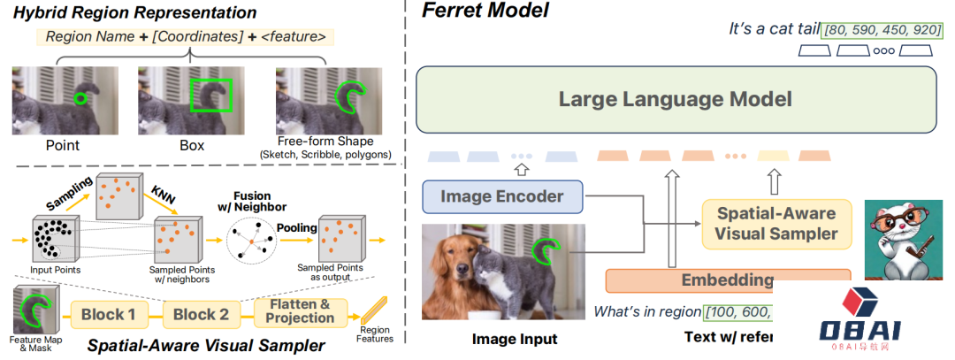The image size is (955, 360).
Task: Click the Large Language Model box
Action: pyautogui.click(x=674, y=99)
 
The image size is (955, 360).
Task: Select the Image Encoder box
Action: pyautogui.click(x=502, y=196)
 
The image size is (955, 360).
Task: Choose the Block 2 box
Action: pyautogui.click(x=201, y=313)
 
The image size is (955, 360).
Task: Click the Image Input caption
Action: pyautogui.click(x=515, y=339)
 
